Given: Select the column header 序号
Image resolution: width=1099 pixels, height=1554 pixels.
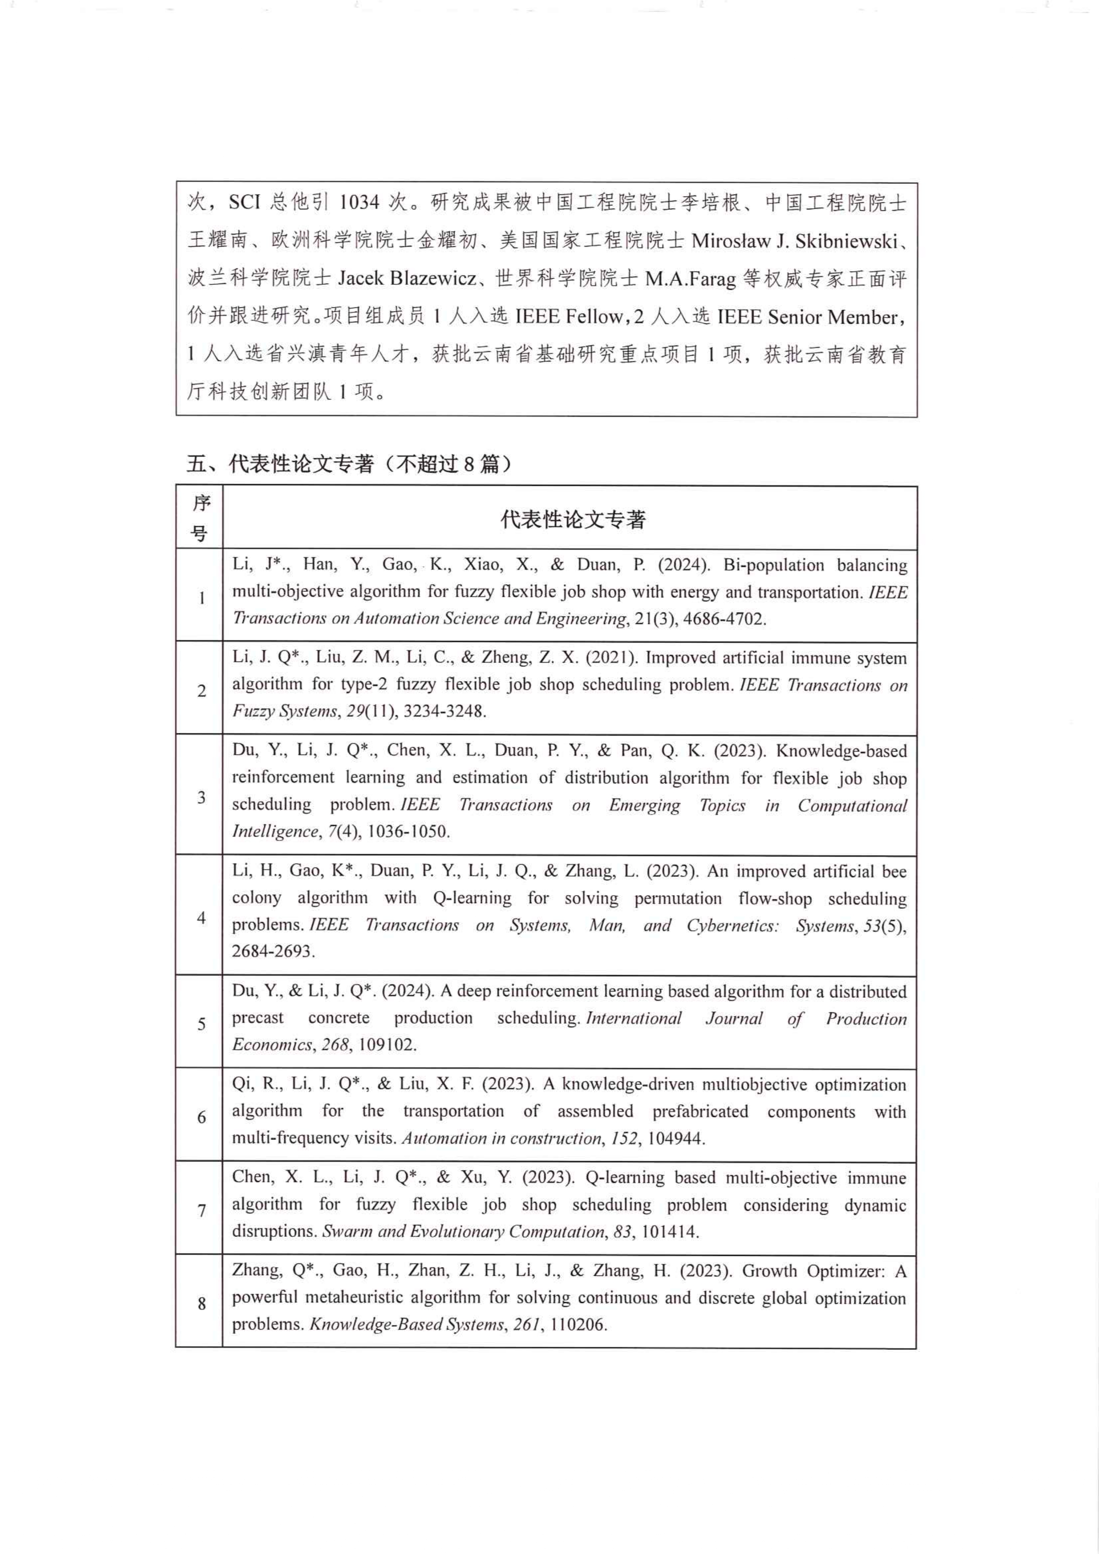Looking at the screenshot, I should pos(200,519).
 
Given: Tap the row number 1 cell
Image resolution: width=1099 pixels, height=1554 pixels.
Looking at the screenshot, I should pos(201,597).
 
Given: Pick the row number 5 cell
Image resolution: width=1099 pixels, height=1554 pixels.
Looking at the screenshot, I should pos(201,1023).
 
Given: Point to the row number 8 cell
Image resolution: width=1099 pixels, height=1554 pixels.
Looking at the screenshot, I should pos(201,1303).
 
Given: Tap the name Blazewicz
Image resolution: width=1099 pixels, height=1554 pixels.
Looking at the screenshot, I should pos(433,278).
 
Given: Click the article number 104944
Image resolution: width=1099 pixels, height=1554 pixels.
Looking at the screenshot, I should pos(675,1139).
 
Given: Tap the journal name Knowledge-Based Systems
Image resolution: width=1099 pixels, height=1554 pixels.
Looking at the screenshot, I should pos(406,1325).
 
